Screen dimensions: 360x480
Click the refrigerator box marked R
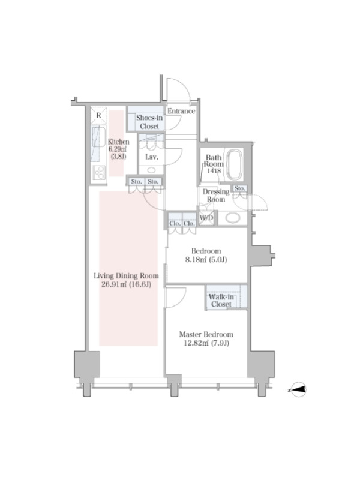[x=98, y=115]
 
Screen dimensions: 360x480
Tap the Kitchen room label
[x=118, y=142]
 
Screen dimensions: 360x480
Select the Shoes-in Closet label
[x=149, y=122]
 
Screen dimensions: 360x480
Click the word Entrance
[x=181, y=111]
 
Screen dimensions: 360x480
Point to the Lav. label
[x=152, y=157]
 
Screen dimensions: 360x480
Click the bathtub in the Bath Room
[x=235, y=164]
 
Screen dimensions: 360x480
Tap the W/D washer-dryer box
[x=206, y=218]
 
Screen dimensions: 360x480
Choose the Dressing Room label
[x=216, y=196]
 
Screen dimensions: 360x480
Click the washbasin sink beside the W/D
[x=233, y=218]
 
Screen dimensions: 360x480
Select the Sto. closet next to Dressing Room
[x=239, y=188]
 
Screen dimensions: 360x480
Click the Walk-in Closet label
[x=221, y=301]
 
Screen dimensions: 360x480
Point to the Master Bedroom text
[x=206, y=334]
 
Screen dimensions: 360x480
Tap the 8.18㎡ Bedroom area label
[x=206, y=260]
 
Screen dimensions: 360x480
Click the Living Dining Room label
[x=126, y=275]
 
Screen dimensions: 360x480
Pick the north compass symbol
[x=298, y=389]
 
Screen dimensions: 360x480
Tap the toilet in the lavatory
[x=151, y=170]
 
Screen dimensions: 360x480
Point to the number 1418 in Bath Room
[x=214, y=171]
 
